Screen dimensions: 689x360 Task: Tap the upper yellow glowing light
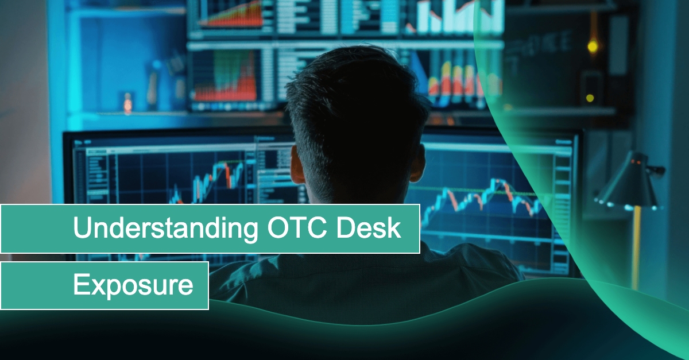[x=593, y=47]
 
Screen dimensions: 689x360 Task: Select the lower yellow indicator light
[x=590, y=98]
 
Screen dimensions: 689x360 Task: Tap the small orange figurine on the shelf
[x=127, y=104]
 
